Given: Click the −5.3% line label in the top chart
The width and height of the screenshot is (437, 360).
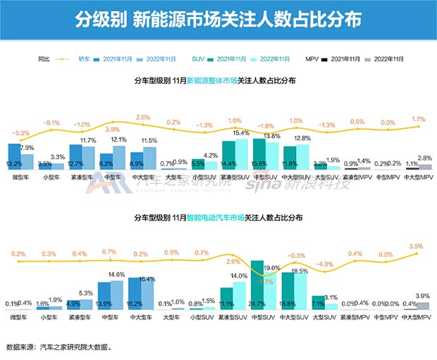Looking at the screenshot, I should (x=20, y=133).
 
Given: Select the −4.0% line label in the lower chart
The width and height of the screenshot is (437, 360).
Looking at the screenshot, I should (x=325, y=264).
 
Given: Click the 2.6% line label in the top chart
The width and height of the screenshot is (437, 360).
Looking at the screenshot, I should (x=143, y=117).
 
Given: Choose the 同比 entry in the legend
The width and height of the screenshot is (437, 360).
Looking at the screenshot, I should (x=44, y=59).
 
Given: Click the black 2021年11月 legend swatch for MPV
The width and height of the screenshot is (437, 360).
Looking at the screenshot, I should (x=325, y=59).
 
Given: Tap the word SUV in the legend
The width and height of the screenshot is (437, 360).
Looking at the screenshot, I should (x=199, y=59).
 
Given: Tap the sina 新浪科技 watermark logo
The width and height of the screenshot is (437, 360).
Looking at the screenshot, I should (x=296, y=184).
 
